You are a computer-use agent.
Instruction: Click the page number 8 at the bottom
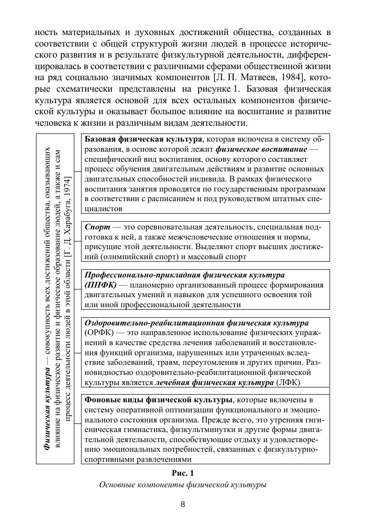tap(183, 504)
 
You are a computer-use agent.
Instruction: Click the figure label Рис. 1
tap(183, 473)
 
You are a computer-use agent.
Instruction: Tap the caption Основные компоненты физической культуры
tap(183, 485)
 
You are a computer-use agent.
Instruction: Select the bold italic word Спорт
tap(96, 226)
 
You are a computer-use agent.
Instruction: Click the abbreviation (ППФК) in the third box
tap(100, 285)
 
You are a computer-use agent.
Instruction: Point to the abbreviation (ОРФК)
tap(98, 332)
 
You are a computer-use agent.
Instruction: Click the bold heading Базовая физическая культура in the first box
tap(143, 139)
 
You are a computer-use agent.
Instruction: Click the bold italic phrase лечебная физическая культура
tap(214, 383)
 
